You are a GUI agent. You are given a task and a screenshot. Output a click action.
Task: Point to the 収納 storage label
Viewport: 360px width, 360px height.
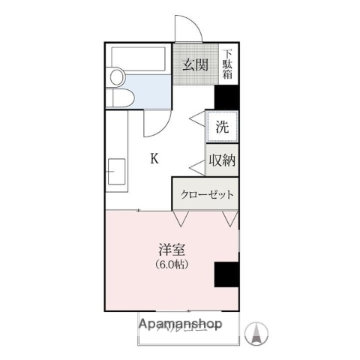tap(223, 160)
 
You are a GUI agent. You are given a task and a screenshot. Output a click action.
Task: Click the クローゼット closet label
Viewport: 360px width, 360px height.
tap(206, 194)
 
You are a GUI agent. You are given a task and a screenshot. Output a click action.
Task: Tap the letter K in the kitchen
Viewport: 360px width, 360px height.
tap(154, 158)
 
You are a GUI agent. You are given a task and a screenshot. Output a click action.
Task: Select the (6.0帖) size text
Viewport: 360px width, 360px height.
tap(171, 265)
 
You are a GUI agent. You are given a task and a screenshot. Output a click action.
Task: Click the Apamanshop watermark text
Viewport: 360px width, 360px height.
tap(180, 325)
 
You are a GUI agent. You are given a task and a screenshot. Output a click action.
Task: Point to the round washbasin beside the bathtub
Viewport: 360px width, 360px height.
tap(115, 77)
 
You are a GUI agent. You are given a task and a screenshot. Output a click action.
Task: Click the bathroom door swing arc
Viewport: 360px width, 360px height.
tap(157, 121)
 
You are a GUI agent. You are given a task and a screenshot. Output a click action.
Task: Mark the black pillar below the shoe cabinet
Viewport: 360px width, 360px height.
tap(227, 97)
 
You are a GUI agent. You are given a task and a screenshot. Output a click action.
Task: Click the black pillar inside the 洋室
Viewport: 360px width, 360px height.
tap(226, 274)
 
